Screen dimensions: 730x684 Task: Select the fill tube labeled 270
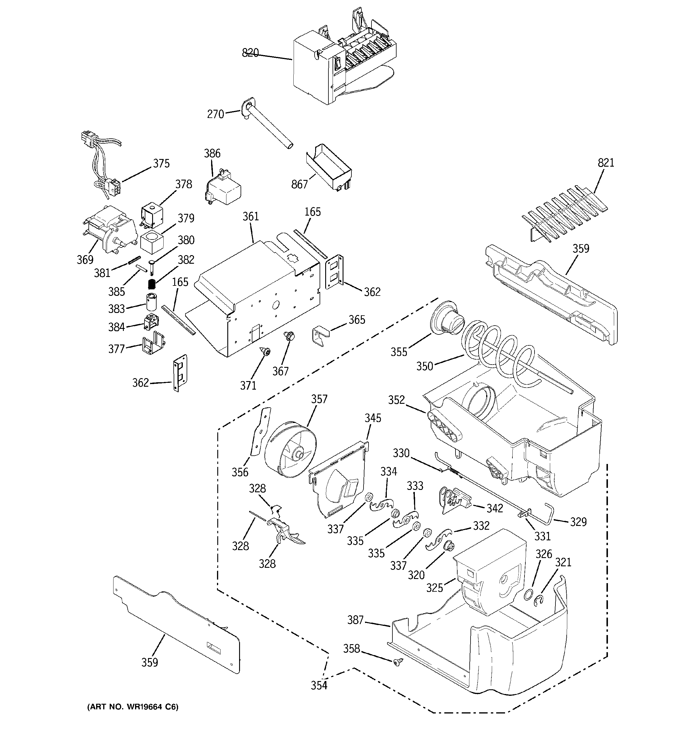[x=268, y=127]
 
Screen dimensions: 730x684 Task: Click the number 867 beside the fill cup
[x=299, y=184]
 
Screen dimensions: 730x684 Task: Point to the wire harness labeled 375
[x=103, y=165]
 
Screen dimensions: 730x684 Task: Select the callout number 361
[x=251, y=217]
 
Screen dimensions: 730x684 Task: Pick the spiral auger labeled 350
[x=499, y=349]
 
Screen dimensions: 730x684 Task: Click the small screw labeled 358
[x=397, y=661]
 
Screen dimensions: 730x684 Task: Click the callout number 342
[x=494, y=508]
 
